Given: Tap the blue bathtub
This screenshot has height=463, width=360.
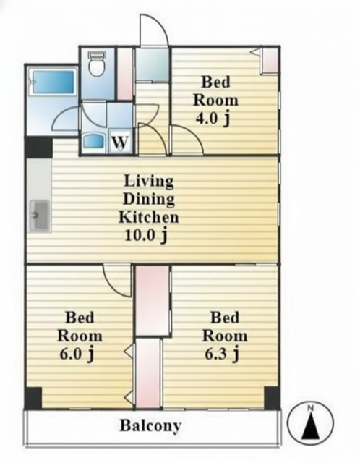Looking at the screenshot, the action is (53, 82).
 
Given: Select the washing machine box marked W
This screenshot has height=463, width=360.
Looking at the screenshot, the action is (121, 142).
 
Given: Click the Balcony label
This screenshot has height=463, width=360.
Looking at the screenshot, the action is (150, 426).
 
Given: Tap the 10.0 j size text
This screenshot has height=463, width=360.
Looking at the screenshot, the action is (147, 235).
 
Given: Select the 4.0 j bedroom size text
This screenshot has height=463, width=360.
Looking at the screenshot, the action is (213, 119).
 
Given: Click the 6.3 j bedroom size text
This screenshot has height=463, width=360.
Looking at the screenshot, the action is (222, 354).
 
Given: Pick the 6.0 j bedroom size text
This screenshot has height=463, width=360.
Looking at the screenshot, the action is (77, 354).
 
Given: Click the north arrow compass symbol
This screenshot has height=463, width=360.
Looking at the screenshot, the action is (310, 421).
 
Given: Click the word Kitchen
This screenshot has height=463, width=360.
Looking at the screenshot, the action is (149, 217).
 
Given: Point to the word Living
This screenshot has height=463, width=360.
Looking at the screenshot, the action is (149, 181).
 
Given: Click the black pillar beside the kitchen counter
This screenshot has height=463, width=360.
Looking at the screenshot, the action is (38, 147).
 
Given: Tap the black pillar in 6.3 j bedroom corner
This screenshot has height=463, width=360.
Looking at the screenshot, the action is (272, 398).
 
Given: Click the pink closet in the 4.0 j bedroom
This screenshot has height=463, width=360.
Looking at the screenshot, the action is (270, 61).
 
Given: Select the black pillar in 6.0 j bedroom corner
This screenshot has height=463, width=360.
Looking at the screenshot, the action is (33, 399).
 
